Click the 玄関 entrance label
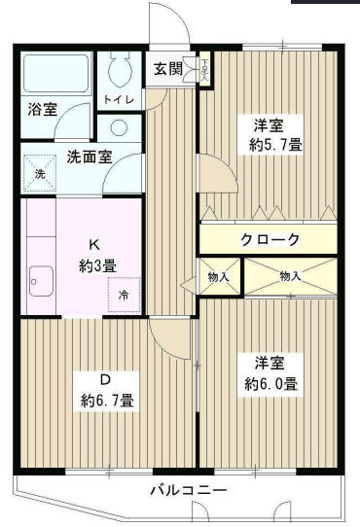[167, 68]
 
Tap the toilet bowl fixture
[121, 67]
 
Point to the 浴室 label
[43, 109]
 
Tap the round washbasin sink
[119, 127]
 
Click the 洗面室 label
[88, 156]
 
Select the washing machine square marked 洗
[40, 172]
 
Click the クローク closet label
[270, 239]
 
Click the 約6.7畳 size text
[107, 400]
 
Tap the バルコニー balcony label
[188, 489]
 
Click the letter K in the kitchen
[95, 244]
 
